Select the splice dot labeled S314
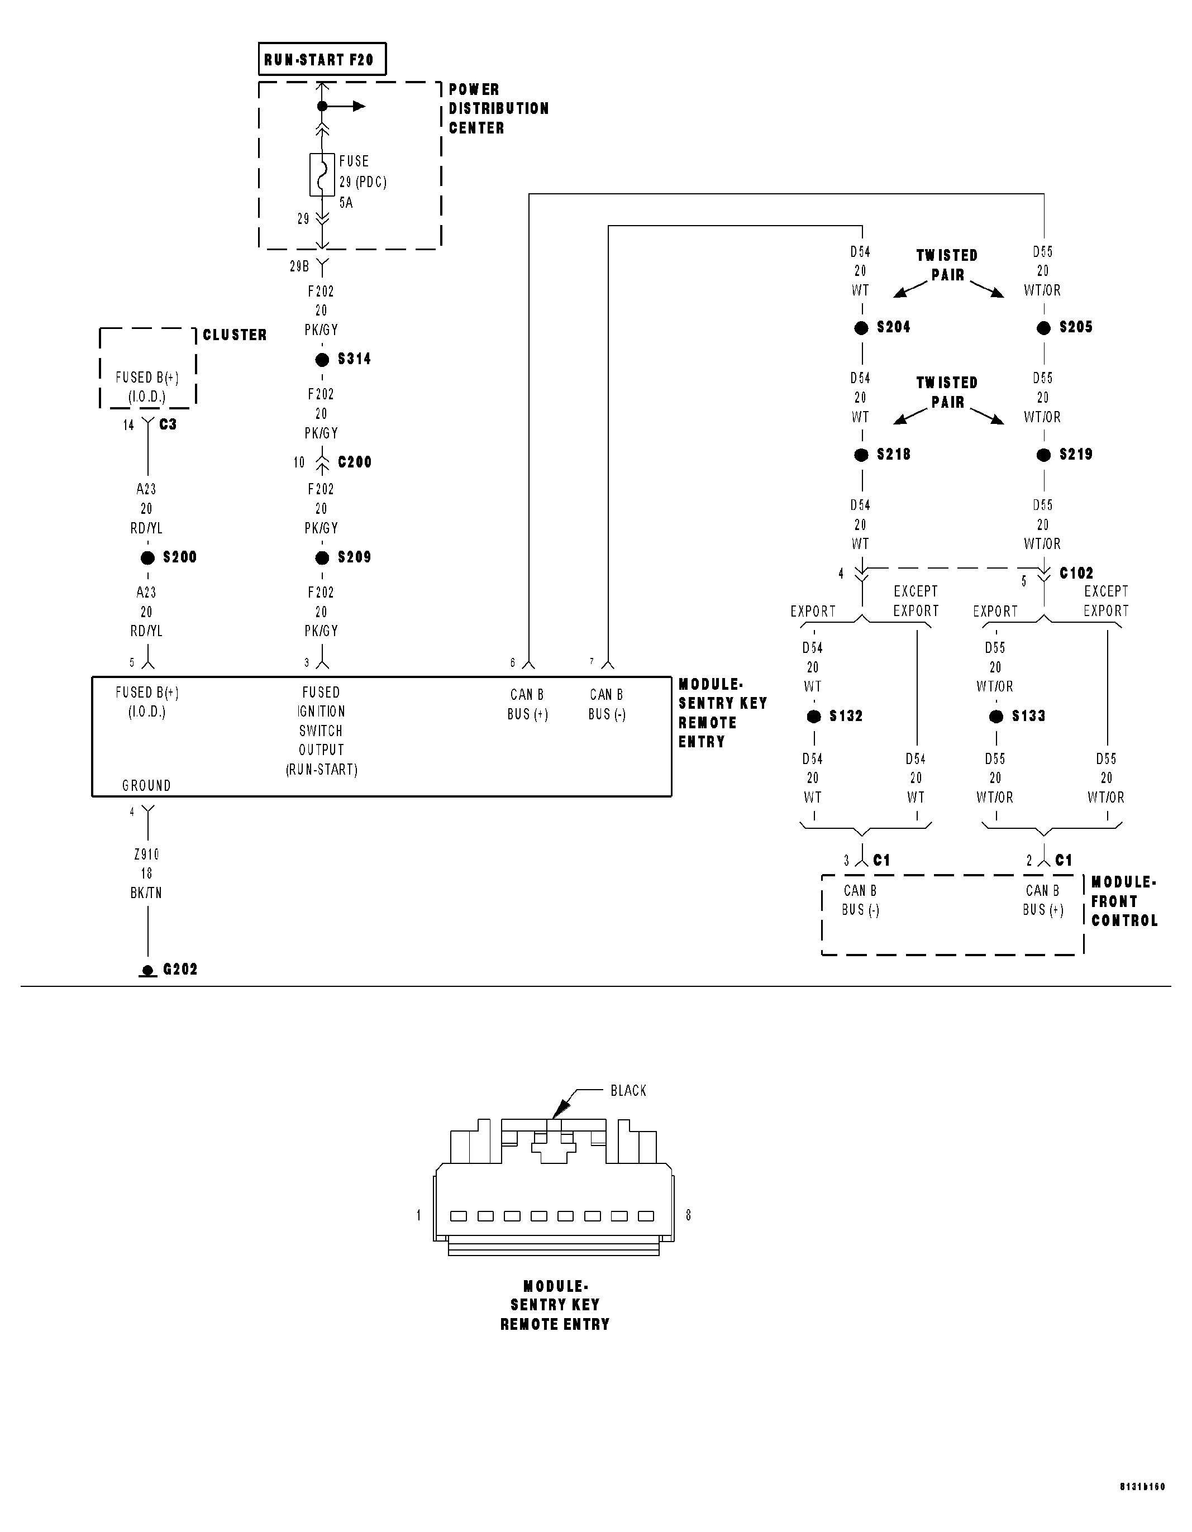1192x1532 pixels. coord(322,360)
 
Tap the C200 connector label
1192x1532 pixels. coord(354,462)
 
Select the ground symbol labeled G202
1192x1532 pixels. coord(147,971)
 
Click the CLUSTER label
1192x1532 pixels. coord(235,335)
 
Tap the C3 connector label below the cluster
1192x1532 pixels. coord(168,424)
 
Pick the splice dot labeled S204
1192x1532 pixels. coord(861,328)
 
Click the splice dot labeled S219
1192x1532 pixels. coord(1044,455)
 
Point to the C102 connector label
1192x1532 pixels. coord(1076,573)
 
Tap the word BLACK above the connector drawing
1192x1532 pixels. coord(628,1091)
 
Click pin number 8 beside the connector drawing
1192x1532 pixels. coord(688,1215)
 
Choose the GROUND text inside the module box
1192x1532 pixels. coord(147,786)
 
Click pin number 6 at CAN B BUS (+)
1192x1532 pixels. coord(513,663)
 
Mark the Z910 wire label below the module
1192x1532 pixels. coord(147,855)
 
